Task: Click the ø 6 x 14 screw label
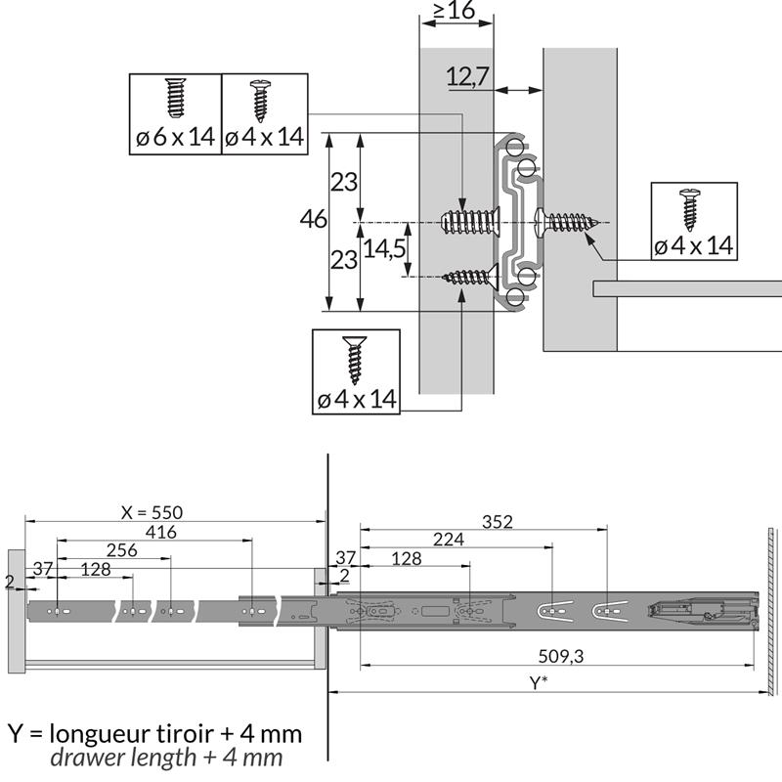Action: pos(175,137)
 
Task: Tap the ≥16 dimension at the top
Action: pos(454,10)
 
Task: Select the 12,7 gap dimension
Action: pos(467,76)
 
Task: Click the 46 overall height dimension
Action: pos(313,219)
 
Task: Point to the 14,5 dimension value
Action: pos(384,248)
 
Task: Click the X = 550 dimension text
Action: pos(152,512)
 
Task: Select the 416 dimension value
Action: pos(161,532)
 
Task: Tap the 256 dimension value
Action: pos(121,550)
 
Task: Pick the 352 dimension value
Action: pos(498,522)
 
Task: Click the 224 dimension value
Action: pos(449,540)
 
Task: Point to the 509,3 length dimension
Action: pos(560,656)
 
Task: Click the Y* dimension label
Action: pos(539,682)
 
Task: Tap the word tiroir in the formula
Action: pos(184,734)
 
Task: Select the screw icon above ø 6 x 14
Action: pos(175,99)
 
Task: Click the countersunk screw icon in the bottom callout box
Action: pos(355,360)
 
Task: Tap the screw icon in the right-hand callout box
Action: pos(690,210)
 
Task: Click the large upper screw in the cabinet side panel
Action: pos(471,222)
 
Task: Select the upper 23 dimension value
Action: pos(344,182)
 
